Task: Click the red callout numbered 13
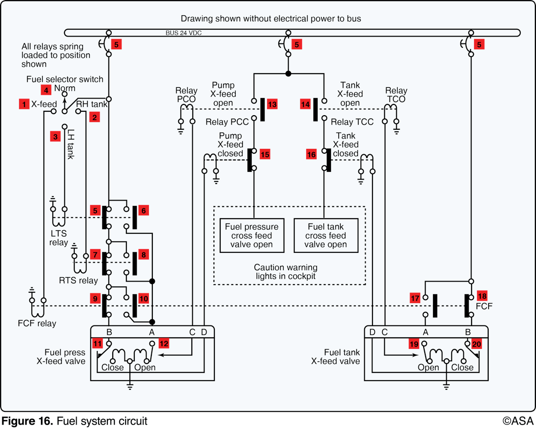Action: point(272,104)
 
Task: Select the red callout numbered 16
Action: point(311,154)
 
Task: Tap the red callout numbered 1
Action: point(24,104)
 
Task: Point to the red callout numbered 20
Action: point(477,344)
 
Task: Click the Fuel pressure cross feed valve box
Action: point(252,235)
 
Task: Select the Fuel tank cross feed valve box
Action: point(326,235)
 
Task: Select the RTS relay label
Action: point(78,280)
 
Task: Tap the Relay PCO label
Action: point(186,95)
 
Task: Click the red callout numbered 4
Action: point(46,90)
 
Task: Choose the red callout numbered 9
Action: point(95,298)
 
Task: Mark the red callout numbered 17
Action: point(415,298)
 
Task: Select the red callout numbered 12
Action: point(164,344)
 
